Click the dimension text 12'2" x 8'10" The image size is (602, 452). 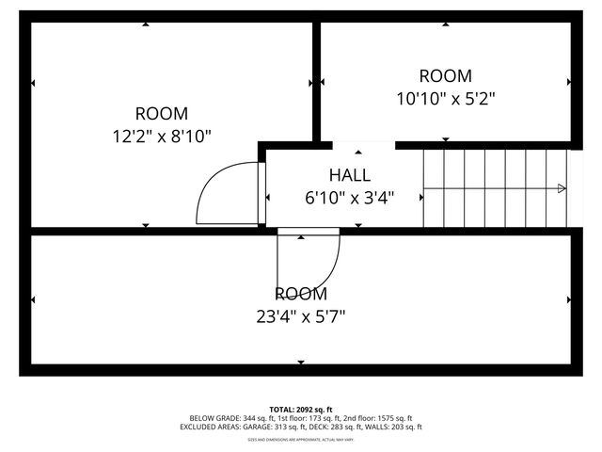(x=162, y=136)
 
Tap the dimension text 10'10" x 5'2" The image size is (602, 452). (x=445, y=97)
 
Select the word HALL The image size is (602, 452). (x=349, y=175)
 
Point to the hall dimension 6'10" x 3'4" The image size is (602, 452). (x=349, y=198)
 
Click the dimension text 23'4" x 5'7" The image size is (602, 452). (x=301, y=316)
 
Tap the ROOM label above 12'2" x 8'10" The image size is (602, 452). (x=162, y=113)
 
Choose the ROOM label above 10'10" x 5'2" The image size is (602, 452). (x=445, y=75)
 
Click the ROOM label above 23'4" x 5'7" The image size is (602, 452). (x=301, y=294)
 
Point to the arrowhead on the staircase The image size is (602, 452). (x=562, y=188)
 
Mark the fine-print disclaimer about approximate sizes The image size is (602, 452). (x=301, y=439)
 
